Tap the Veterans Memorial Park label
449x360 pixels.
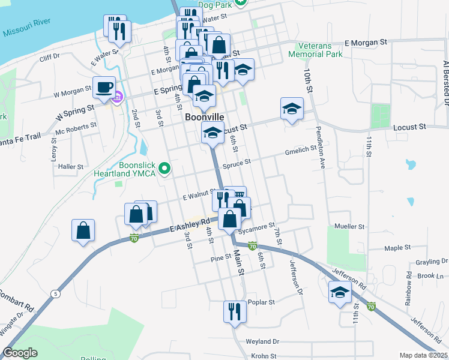[x=315, y=49]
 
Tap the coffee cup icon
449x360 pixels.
[x=104, y=88]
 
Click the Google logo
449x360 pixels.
[x=20, y=353]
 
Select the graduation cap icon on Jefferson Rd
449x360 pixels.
[x=340, y=293]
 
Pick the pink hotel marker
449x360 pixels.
[x=118, y=97]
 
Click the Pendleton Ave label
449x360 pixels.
[x=322, y=155]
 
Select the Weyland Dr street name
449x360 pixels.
[x=263, y=341]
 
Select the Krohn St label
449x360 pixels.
[x=264, y=356]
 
